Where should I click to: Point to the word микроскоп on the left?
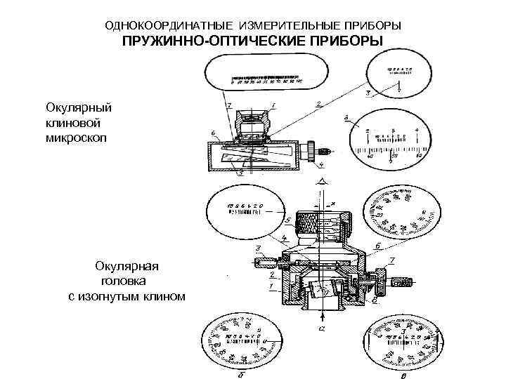[x=77, y=135]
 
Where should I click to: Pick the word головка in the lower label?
[x=123, y=281]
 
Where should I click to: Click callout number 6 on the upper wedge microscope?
[x=213, y=133]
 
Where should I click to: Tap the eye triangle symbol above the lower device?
[x=320, y=181]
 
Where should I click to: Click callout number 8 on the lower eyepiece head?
[x=375, y=300]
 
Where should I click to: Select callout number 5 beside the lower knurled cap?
[x=287, y=220]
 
